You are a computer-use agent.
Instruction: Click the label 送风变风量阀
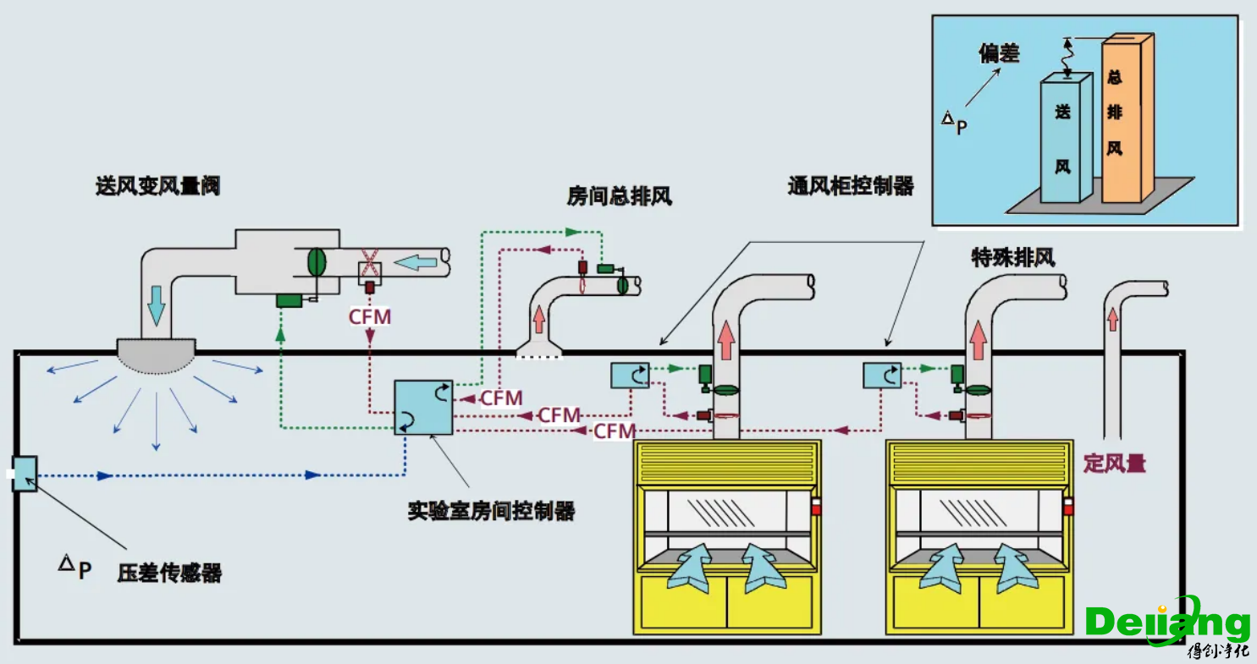coord(158,186)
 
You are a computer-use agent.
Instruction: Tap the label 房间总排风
coord(619,197)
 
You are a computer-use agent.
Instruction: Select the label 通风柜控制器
coord(851,187)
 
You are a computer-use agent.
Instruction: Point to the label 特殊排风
coord(1013,258)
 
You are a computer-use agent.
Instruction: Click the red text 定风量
coord(1115,464)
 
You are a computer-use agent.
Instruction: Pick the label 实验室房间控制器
coord(491,511)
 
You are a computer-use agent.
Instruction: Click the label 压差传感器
coord(169,573)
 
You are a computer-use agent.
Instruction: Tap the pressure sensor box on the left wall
coord(25,475)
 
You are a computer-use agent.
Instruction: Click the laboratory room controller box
coord(424,408)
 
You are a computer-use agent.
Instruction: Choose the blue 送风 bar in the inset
coord(1064,140)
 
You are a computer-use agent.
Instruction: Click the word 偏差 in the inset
coord(999,54)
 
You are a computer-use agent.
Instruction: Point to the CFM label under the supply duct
coord(370,316)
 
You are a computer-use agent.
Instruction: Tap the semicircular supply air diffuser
coord(157,355)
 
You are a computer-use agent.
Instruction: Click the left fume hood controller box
coord(630,375)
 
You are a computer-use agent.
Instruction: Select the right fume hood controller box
coord(882,375)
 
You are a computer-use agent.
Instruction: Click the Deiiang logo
coord(1168,624)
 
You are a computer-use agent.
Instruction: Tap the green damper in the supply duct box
coord(317,261)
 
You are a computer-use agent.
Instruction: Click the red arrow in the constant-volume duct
coord(1113,318)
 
